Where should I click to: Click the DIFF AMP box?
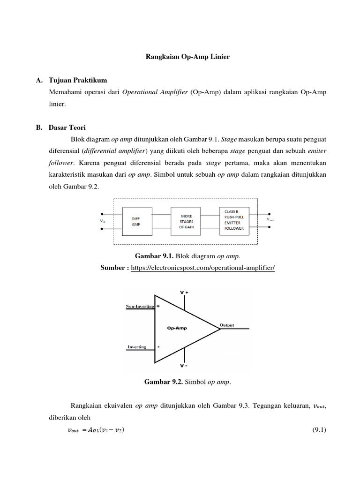[x=136, y=222]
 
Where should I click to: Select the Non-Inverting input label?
[x=140, y=306]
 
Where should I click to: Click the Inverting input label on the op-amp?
[x=136, y=347]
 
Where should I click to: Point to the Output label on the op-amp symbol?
[x=226, y=325]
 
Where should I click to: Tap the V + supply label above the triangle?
[x=184, y=292]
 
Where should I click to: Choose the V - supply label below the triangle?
[x=184, y=366]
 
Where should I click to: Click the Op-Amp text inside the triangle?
[x=177, y=328]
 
